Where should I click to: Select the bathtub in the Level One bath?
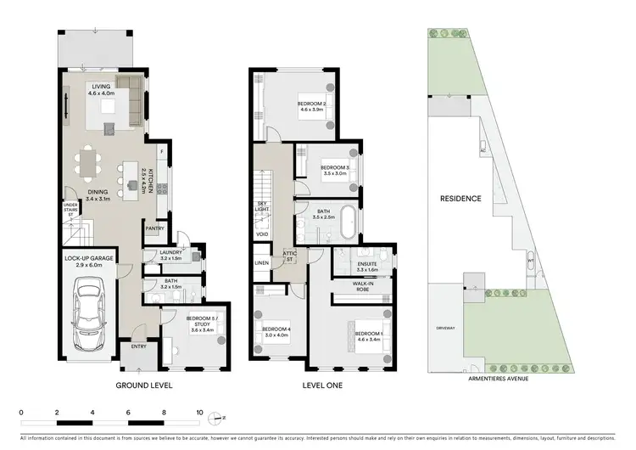(x=347, y=222)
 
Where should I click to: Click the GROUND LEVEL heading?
(x=143, y=385)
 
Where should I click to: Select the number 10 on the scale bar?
(x=200, y=412)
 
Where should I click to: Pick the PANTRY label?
(x=154, y=228)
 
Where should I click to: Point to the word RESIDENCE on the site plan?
(x=460, y=199)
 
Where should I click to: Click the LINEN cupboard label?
(x=263, y=263)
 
